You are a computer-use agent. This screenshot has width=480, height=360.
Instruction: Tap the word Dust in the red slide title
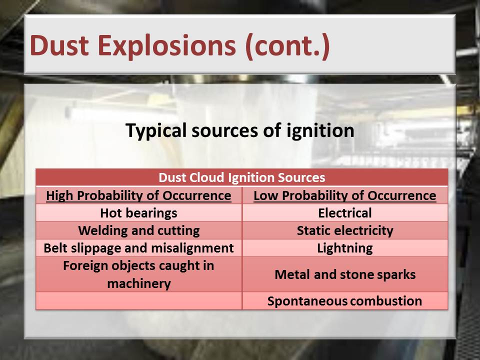[x=59, y=45]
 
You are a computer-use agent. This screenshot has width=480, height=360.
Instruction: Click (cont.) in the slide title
[x=287, y=46]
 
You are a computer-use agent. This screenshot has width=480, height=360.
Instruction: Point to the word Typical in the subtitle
[x=156, y=131]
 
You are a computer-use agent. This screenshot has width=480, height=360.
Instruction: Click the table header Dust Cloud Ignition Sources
[x=242, y=177]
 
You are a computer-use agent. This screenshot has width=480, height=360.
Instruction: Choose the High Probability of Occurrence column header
[x=138, y=195]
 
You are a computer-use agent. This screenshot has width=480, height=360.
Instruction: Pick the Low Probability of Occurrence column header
[x=345, y=195]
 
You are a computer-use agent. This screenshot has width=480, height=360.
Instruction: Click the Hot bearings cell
[x=138, y=213]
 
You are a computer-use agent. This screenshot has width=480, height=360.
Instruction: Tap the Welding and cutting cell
[x=139, y=230]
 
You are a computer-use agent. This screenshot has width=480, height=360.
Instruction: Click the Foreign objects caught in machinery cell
[x=138, y=274]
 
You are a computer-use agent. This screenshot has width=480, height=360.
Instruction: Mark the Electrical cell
[x=345, y=213]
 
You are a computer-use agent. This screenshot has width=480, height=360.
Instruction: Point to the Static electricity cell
[x=345, y=230]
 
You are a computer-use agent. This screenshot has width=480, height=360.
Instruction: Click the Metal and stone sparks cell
[x=345, y=274]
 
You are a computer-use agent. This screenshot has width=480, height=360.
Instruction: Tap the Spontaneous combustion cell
[x=344, y=301]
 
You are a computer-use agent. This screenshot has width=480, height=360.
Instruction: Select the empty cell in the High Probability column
[x=138, y=301]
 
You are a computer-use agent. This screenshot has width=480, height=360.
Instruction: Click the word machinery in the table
[x=139, y=284]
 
